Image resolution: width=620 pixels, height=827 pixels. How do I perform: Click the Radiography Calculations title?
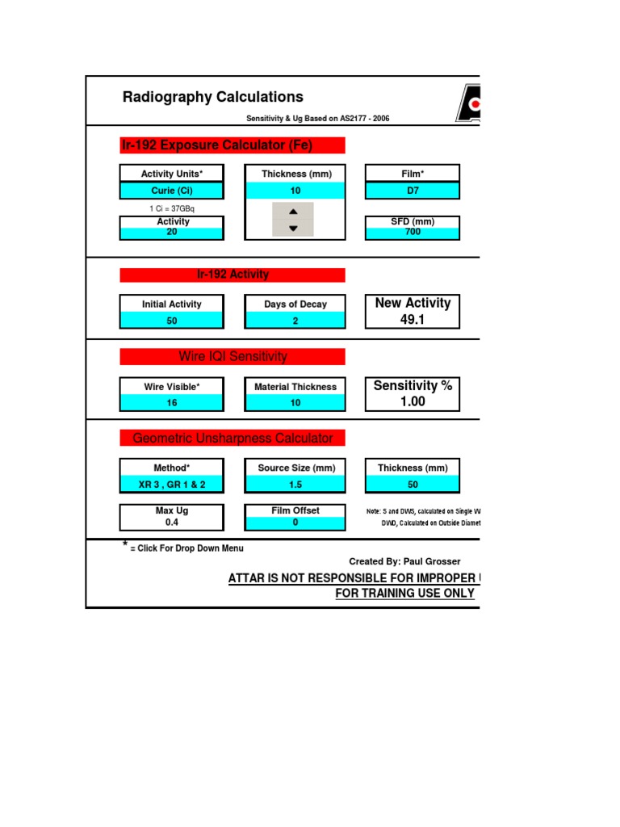(212, 98)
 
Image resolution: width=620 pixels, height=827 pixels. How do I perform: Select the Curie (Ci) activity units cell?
(172, 191)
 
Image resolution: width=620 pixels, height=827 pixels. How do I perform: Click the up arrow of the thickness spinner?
(293, 211)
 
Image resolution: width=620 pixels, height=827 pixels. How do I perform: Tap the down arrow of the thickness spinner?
(293, 229)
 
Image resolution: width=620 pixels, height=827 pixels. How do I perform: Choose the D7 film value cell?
(413, 191)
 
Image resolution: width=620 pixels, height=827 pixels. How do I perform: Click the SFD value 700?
(413, 233)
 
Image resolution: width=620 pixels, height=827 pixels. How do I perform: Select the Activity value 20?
(172, 233)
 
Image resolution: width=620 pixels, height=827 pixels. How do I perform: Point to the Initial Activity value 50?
(172, 321)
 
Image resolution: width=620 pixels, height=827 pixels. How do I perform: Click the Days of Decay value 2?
(295, 321)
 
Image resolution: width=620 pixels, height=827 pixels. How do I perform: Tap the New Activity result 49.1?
(413, 319)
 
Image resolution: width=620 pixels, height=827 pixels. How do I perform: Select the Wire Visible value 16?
(172, 403)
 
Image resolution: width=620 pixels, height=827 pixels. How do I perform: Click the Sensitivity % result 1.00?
(413, 401)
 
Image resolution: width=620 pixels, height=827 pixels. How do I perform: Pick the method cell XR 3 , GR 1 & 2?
(172, 485)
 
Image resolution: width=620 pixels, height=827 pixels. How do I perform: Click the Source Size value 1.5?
(295, 485)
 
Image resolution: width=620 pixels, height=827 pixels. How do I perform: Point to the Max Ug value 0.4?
(172, 523)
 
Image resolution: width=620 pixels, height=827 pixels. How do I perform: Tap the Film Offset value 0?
(295, 523)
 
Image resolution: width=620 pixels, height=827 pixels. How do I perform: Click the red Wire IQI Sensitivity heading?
(232, 356)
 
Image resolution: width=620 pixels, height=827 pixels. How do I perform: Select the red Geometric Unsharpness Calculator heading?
(232, 438)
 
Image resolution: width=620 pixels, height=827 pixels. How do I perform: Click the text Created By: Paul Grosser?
(404, 561)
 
